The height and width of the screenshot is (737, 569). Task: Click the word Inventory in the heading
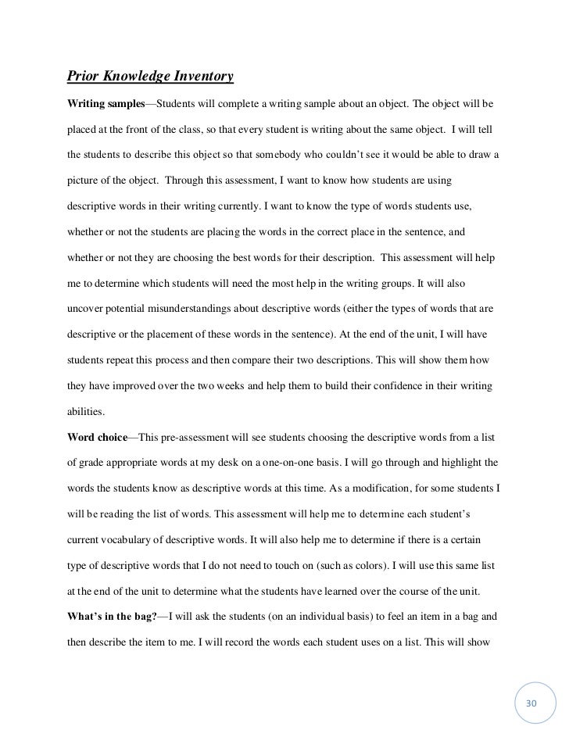(195, 77)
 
